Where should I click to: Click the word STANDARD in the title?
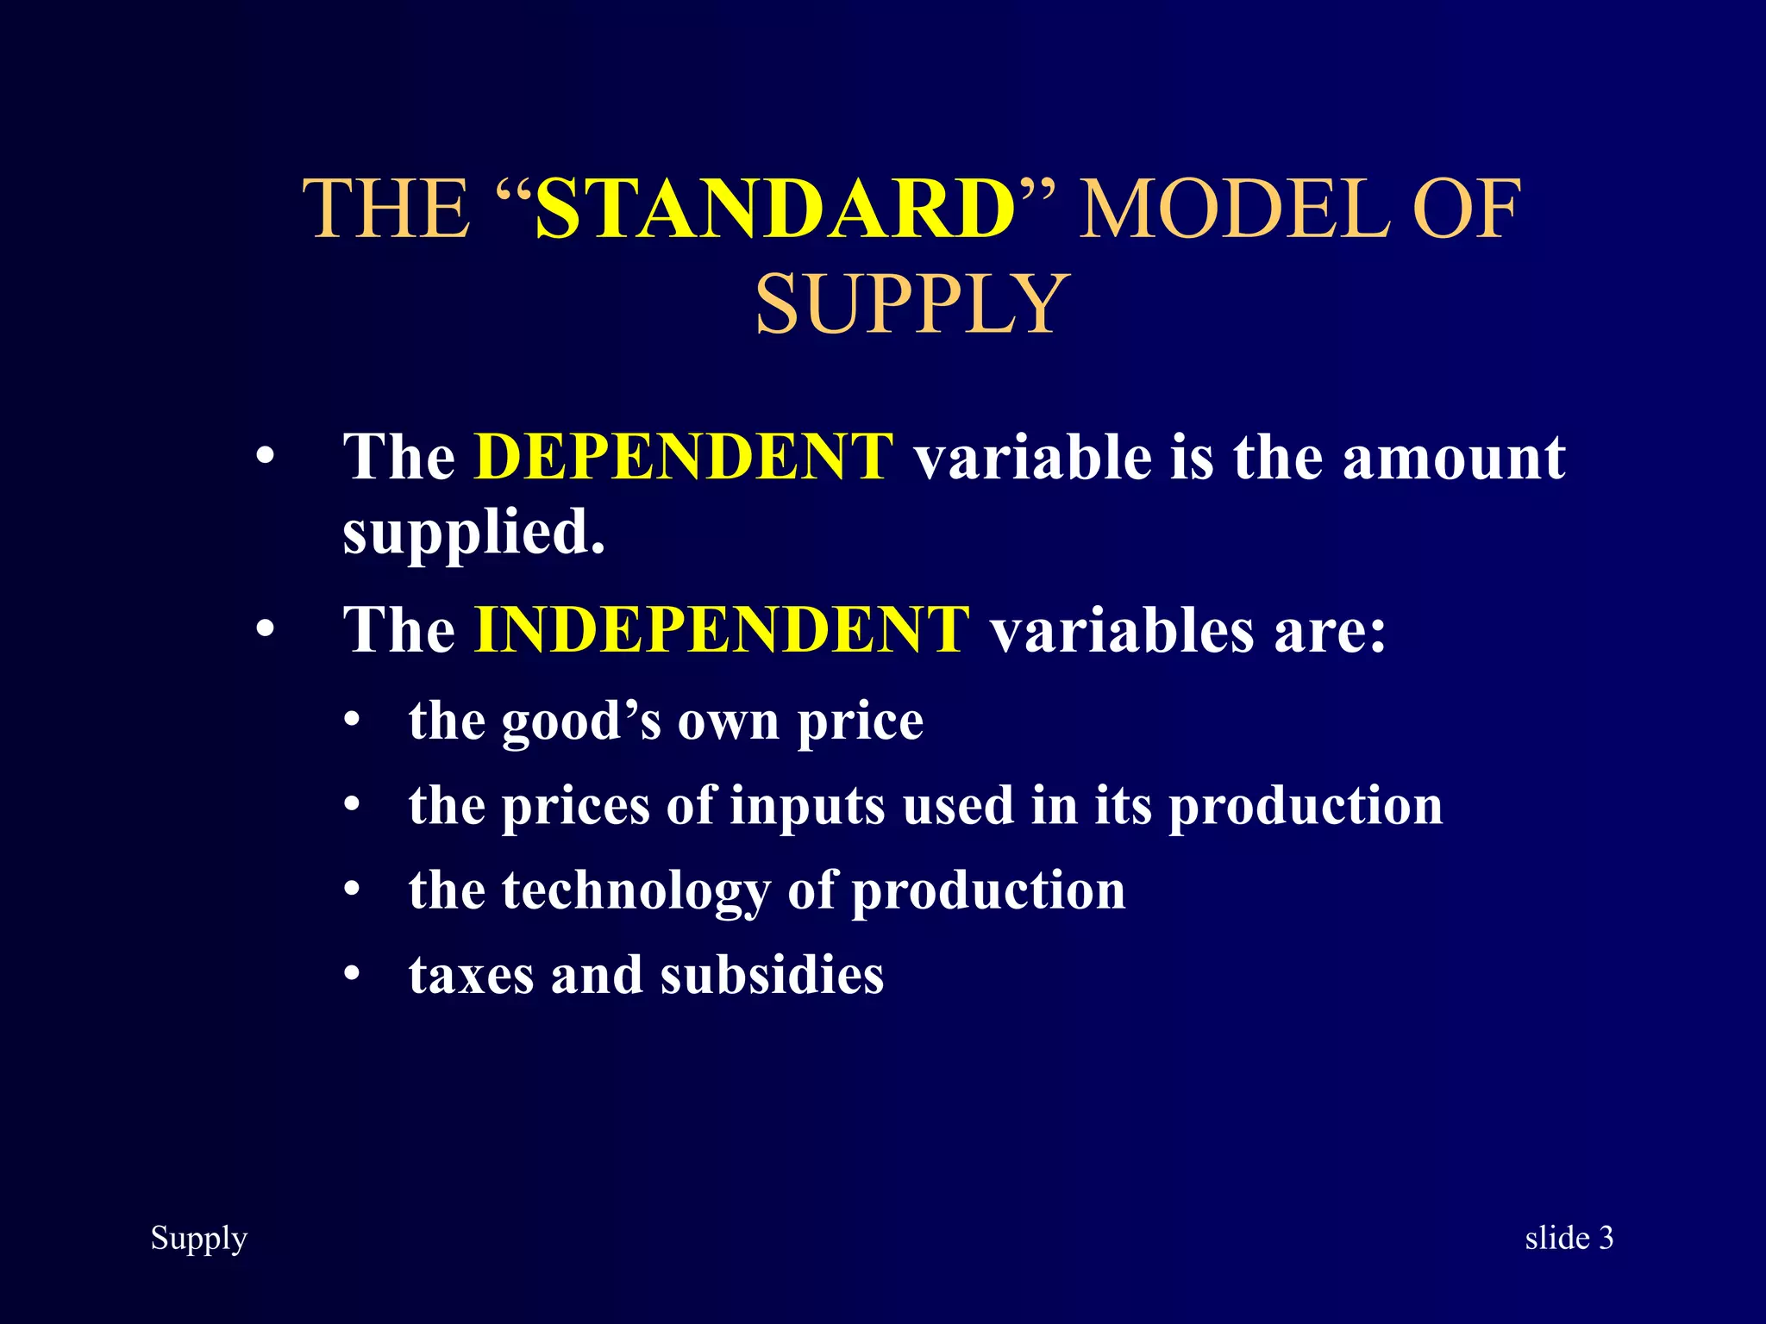[774, 209]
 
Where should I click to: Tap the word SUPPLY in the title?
[912, 304]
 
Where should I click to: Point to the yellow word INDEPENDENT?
[722, 629]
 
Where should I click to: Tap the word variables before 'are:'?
[1122, 630]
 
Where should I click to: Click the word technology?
[636, 891]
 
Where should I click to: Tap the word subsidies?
[772, 975]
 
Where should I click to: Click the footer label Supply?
[199, 1239]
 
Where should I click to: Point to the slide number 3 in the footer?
[1606, 1238]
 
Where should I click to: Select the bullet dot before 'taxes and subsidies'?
[351, 974]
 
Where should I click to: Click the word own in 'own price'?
[728, 721]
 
